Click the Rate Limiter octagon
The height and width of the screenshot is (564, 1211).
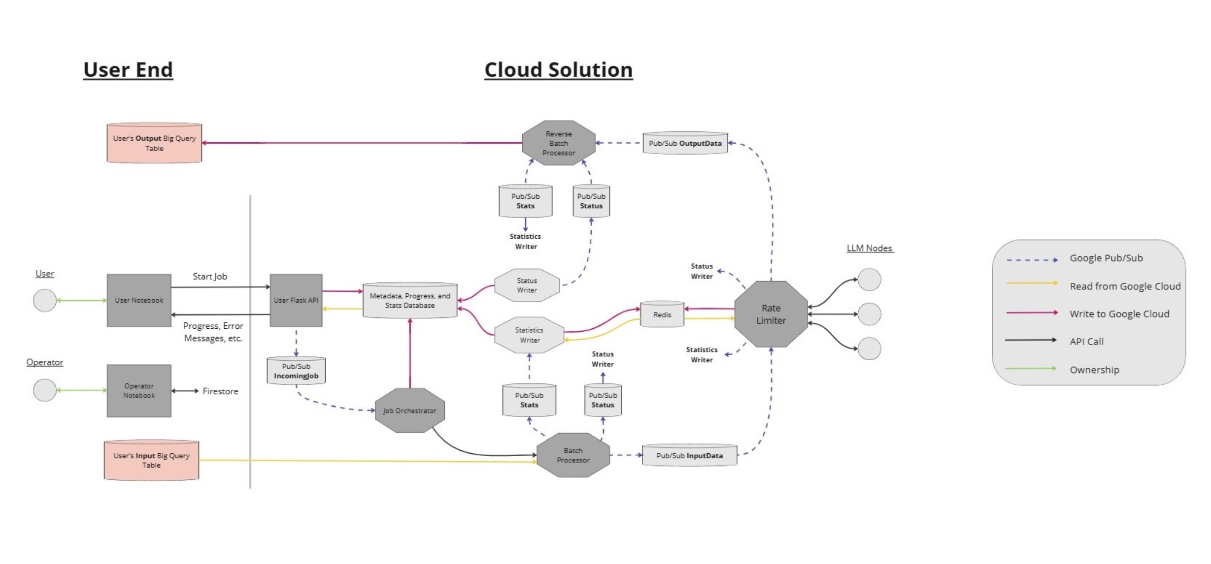pyautogui.click(x=771, y=314)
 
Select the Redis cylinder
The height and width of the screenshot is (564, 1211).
pyautogui.click(x=662, y=314)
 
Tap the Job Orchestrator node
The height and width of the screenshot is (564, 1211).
pyautogui.click(x=409, y=410)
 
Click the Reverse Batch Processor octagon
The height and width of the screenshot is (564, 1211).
pyautogui.click(x=558, y=143)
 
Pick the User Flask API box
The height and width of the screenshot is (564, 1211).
pyautogui.click(x=296, y=300)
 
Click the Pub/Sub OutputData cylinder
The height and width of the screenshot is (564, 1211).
pyautogui.click(x=685, y=143)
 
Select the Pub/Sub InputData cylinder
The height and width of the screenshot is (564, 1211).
pyautogui.click(x=689, y=456)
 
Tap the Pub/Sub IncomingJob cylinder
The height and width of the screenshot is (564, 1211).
pyautogui.click(x=296, y=371)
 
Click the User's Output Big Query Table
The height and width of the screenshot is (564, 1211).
pyautogui.click(x=154, y=143)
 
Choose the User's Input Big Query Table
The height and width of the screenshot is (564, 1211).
pyautogui.click(x=151, y=460)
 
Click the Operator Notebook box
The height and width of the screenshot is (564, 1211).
pyautogui.click(x=139, y=391)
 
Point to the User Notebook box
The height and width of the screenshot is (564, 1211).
pyautogui.click(x=139, y=300)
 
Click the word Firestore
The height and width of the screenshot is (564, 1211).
pyautogui.click(x=220, y=391)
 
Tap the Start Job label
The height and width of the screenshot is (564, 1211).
pyautogui.click(x=210, y=277)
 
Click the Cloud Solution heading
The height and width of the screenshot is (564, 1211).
pyautogui.click(x=558, y=70)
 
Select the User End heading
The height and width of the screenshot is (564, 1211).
pyautogui.click(x=128, y=70)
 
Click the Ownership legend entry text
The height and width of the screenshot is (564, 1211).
pyautogui.click(x=1094, y=370)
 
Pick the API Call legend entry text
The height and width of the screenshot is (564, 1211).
pyautogui.click(x=1086, y=342)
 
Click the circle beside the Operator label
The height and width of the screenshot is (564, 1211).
pyautogui.click(x=44, y=390)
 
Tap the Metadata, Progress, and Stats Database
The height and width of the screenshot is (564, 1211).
pyautogui.click(x=409, y=301)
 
